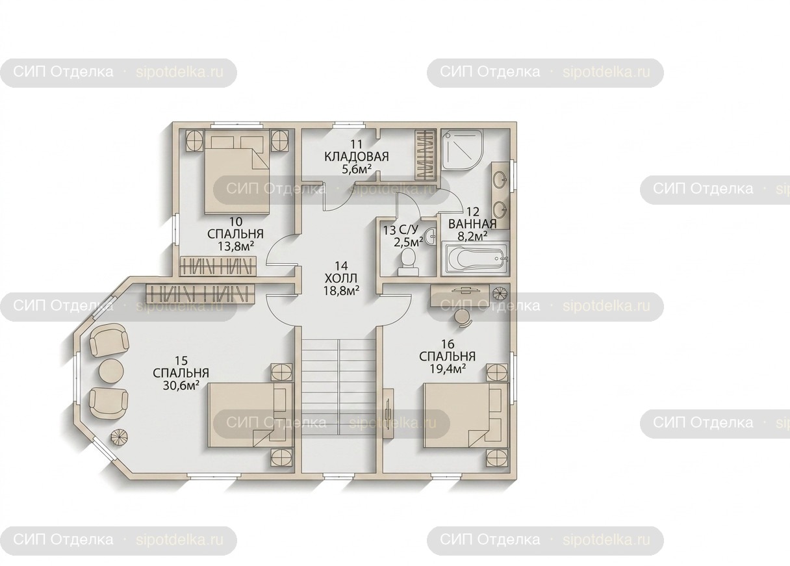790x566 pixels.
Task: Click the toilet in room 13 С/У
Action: pyautogui.click(x=409, y=261)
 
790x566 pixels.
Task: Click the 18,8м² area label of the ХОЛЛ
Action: pyautogui.click(x=341, y=290)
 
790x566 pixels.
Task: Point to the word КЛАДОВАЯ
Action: pyautogui.click(x=357, y=157)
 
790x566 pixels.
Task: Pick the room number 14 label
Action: pyautogui.click(x=341, y=265)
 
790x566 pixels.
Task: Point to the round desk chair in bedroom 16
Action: pyautogui.click(x=463, y=318)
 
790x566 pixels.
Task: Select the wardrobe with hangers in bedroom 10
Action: pyautogui.click(x=218, y=266)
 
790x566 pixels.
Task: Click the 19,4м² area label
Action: pyautogui.click(x=448, y=368)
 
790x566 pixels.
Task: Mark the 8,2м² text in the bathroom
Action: pyautogui.click(x=472, y=235)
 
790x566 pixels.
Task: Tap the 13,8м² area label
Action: pyautogui.click(x=236, y=246)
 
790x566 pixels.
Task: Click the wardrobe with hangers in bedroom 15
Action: pyautogui.click(x=200, y=293)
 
